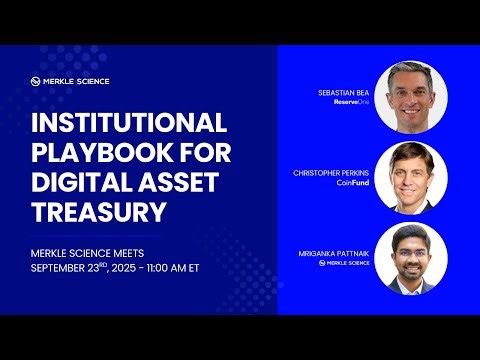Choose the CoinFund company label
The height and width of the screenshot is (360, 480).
(x=353, y=182)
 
